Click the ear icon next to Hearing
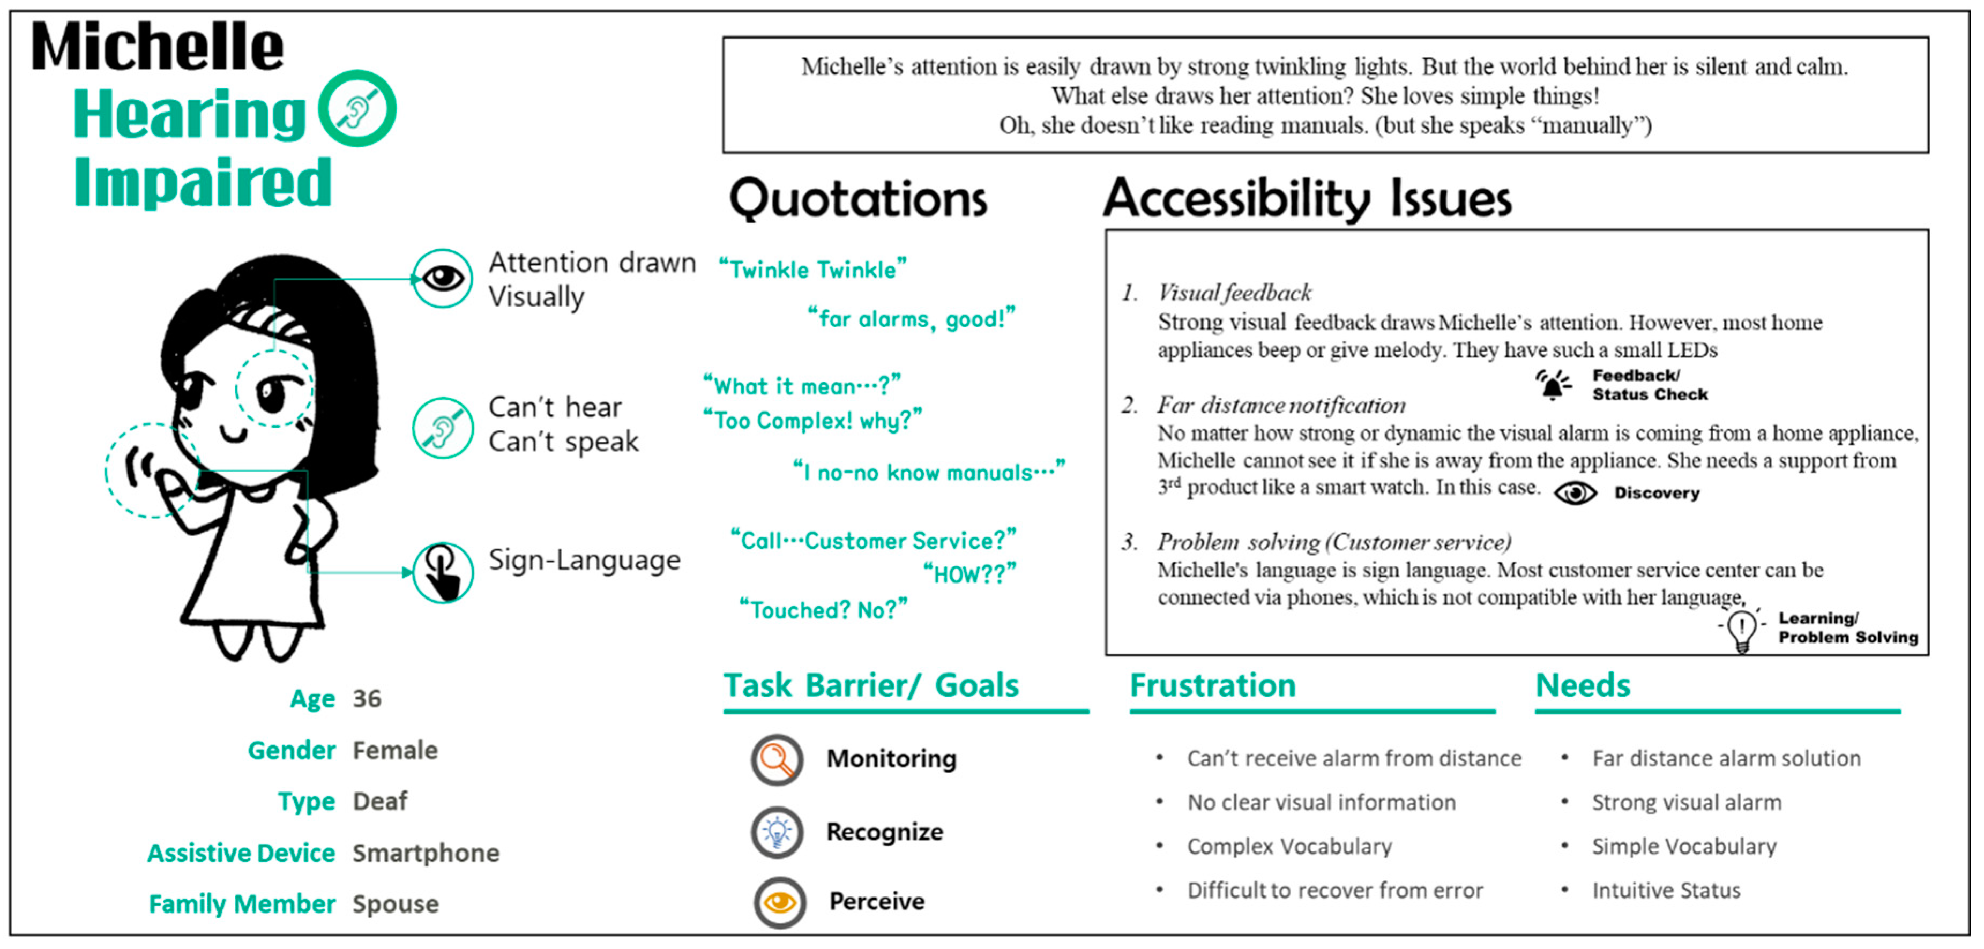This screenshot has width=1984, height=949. click(x=357, y=109)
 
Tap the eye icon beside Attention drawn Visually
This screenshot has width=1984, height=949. click(x=443, y=278)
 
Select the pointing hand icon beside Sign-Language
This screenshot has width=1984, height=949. click(x=443, y=572)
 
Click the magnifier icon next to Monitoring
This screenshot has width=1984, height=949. click(x=777, y=759)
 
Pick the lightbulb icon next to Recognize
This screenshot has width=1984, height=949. click(x=777, y=832)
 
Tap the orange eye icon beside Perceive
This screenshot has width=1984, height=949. click(x=779, y=902)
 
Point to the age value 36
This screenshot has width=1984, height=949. click(x=367, y=699)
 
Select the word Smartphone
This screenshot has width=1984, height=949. click(x=426, y=854)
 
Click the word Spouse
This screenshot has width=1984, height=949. click(x=396, y=905)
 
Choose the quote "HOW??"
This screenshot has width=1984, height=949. click(x=969, y=574)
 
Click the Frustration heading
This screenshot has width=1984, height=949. click(x=1213, y=685)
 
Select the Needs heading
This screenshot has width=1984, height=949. click(x=1583, y=685)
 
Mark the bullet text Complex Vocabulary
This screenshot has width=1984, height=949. click(x=1289, y=847)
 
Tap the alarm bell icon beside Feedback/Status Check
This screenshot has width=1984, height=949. click(x=1553, y=384)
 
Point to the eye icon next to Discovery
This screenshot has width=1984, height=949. click(x=1575, y=493)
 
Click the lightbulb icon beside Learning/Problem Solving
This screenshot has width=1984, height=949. click(x=1741, y=629)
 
